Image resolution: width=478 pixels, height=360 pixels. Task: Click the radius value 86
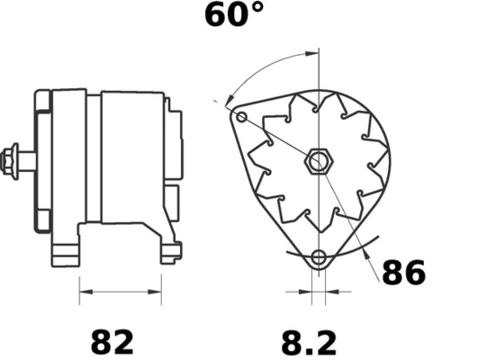point(403,272)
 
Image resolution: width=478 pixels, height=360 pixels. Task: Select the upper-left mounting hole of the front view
point(239,117)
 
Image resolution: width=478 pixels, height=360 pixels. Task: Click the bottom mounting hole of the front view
point(317,259)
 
